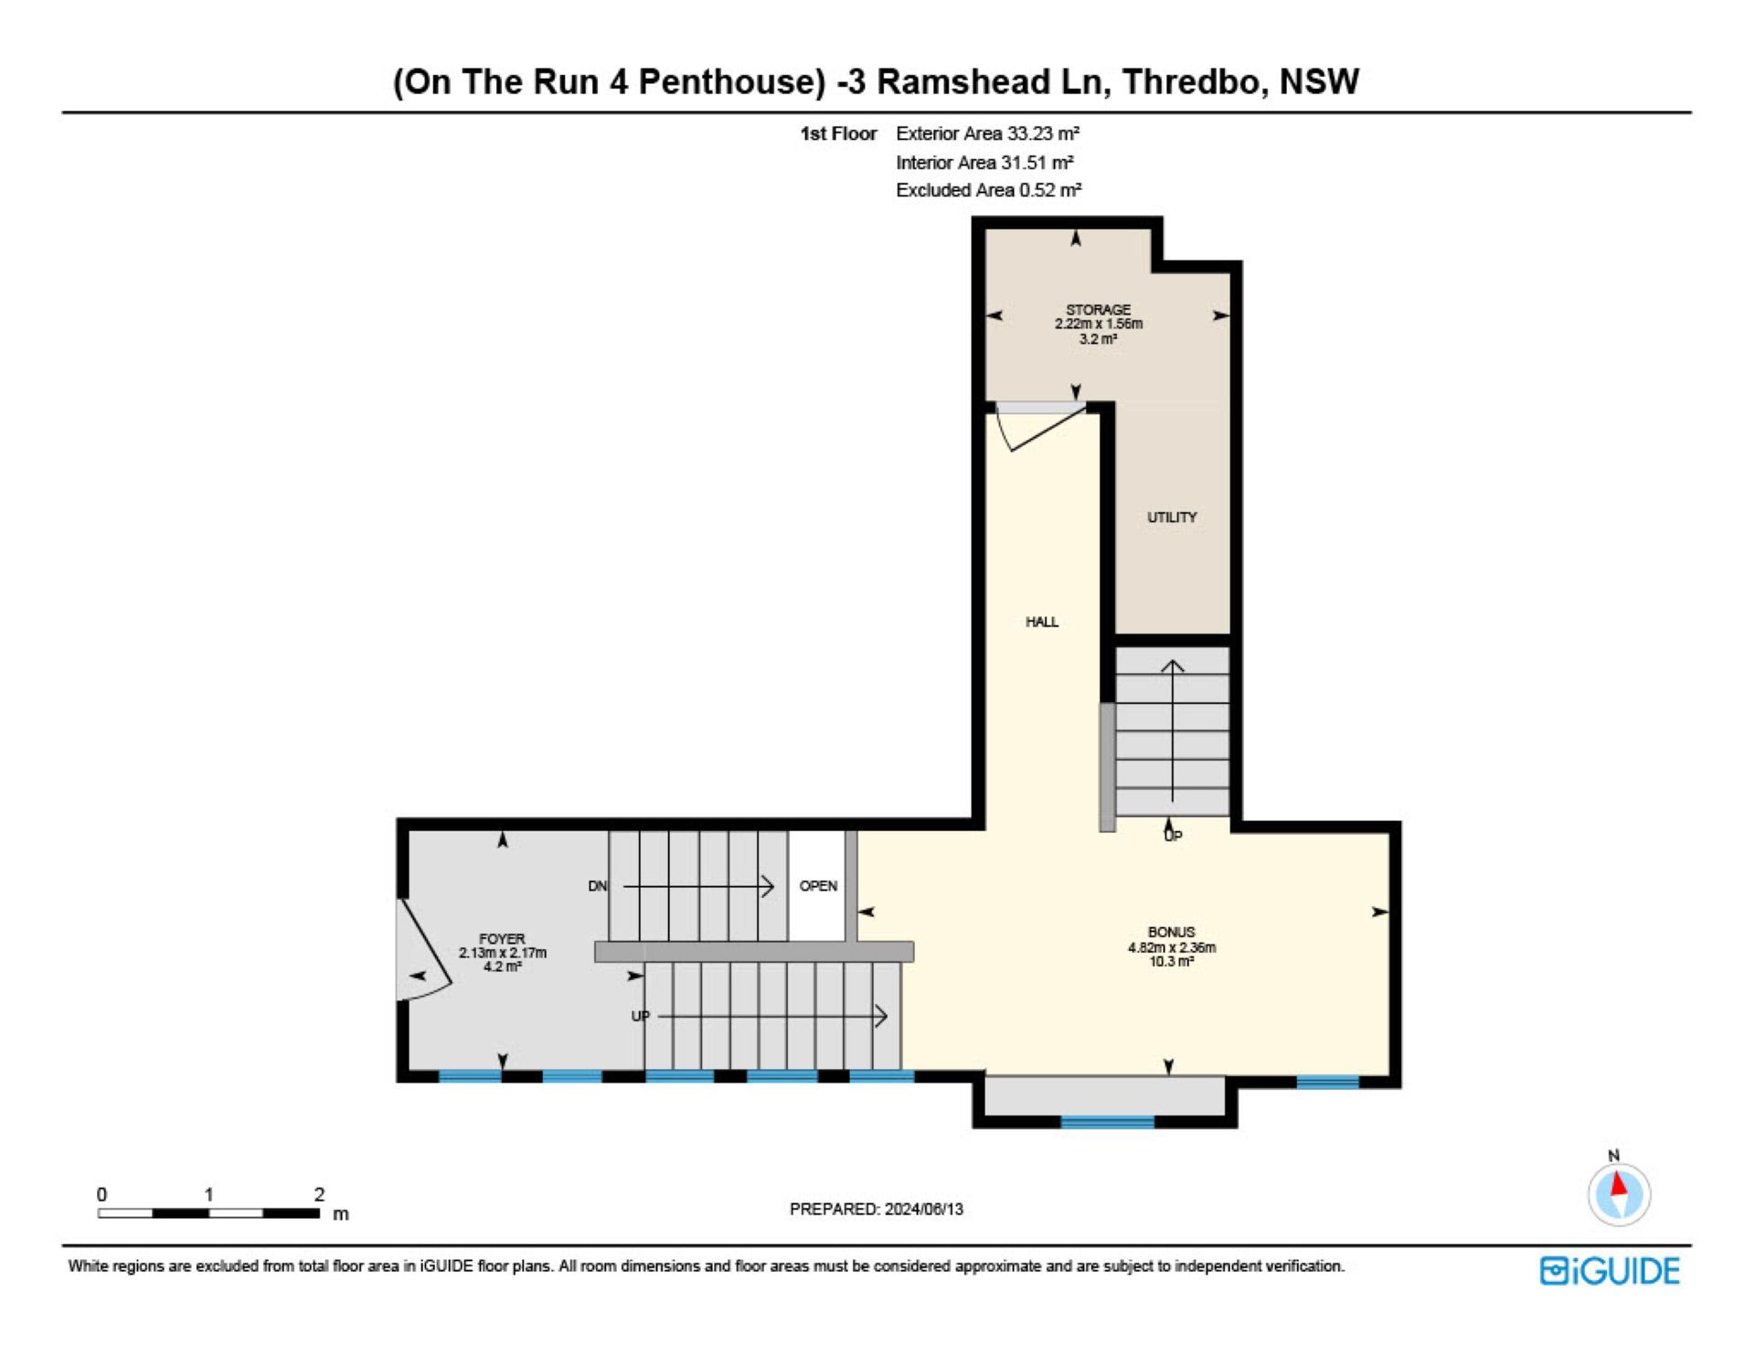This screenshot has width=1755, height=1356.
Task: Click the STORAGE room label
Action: pyautogui.click(x=1098, y=310)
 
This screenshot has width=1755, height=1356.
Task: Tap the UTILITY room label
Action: pyautogui.click(x=1172, y=518)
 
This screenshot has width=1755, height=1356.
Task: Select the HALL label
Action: pyautogui.click(x=1042, y=622)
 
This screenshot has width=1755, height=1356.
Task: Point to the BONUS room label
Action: pyautogui.click(x=1171, y=932)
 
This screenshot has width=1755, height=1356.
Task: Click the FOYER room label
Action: pyautogui.click(x=502, y=939)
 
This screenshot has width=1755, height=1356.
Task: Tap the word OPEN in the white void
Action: pyautogui.click(x=818, y=886)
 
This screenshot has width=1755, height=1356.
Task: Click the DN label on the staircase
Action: pyautogui.click(x=597, y=886)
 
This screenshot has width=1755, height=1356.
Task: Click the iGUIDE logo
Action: pyautogui.click(x=1610, y=1271)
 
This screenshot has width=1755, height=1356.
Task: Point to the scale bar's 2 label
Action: pyautogui.click(x=319, y=1194)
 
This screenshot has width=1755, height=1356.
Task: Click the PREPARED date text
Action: pyautogui.click(x=877, y=1209)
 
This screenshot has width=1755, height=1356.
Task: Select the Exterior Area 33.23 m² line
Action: pyautogui.click(x=987, y=133)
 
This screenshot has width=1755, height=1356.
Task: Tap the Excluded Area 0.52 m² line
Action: pyautogui.click(x=988, y=190)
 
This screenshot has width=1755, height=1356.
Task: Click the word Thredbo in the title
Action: pyautogui.click(x=1194, y=82)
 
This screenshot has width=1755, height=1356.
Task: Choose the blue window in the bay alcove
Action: pyautogui.click(x=1107, y=1121)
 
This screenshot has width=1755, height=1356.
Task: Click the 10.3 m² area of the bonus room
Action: pyautogui.click(x=1171, y=962)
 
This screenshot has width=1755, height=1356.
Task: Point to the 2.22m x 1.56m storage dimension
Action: pyautogui.click(x=1098, y=324)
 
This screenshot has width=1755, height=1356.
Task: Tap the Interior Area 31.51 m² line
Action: pyautogui.click(x=984, y=163)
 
